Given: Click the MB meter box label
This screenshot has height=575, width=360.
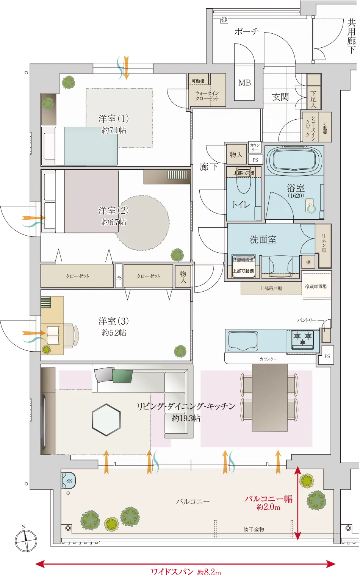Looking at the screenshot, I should point(244,83).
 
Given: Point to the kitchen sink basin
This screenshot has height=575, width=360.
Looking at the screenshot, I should point(243,341).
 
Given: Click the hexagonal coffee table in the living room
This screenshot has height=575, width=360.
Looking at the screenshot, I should point(106,420).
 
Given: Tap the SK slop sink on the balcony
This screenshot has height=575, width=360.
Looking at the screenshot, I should point(69,481).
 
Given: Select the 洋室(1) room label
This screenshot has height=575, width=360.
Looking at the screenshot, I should point(113,119).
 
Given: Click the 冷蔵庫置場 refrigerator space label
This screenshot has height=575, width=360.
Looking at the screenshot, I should point(316,287).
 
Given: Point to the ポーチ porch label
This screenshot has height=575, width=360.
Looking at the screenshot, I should point(246,31).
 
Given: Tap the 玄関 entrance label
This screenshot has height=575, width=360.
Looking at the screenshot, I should point(280,97).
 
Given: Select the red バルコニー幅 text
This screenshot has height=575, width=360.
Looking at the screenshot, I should point(268,499).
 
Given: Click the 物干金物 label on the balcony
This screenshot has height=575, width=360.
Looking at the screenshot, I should point(254,529).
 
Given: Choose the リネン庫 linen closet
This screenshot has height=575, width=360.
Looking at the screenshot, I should point(324,243).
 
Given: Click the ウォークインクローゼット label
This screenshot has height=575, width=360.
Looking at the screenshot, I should point(207,95).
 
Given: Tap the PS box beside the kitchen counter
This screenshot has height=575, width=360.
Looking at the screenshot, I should point(327,356).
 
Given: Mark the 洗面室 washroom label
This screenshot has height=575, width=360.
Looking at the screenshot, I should point(263,239).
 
